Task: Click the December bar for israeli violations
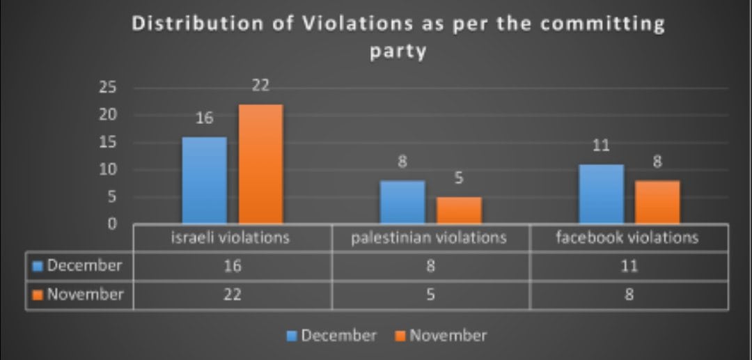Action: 204,180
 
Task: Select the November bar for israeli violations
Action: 260,164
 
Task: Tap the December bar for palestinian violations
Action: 402,202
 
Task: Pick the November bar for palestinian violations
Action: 459,210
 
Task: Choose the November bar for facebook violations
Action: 657,202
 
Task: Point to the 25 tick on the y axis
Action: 107,88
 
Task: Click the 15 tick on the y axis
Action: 107,143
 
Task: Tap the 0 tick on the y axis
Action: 111,224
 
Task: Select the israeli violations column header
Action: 231,237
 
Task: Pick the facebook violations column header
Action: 627,237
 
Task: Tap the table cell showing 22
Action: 231,295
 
